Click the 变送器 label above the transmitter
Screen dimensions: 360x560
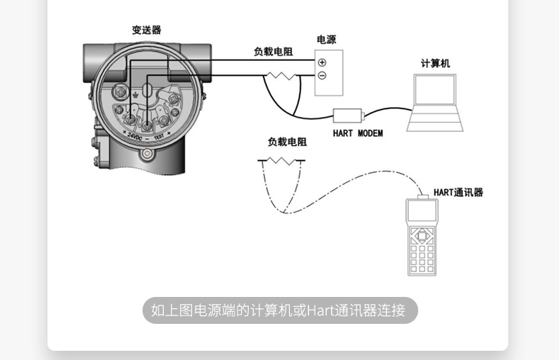[147, 30]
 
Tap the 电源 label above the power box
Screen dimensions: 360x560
[327, 40]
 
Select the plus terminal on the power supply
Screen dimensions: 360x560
[323, 62]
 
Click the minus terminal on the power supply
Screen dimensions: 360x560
[323, 76]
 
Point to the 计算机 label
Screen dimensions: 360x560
[435, 63]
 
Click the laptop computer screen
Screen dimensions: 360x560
[435, 89]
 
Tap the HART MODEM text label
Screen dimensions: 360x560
[357, 133]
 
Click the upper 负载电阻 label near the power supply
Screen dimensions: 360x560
[274, 52]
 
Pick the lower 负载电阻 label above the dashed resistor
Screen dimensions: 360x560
[287, 142]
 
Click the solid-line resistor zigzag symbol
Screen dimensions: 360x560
[284, 74]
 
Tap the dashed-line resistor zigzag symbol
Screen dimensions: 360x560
[281, 161]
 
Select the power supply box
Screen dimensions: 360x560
[329, 72]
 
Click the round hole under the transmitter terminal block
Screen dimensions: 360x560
[147, 152]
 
